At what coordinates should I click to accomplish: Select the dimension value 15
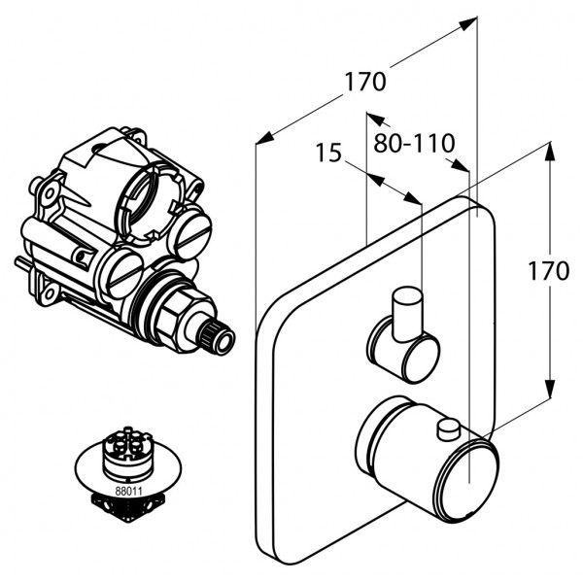pyautogui.click(x=328, y=153)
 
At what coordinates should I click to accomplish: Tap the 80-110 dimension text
pyautogui.click(x=414, y=144)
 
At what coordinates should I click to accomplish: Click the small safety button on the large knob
pyautogui.click(x=448, y=427)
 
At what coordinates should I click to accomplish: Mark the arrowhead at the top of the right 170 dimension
pyautogui.click(x=551, y=148)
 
